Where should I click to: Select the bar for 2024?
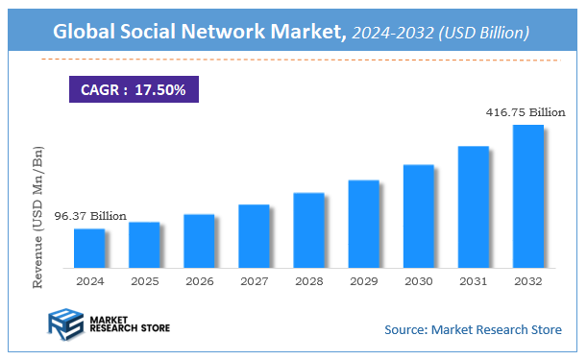[89, 248]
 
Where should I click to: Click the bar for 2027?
[254, 235]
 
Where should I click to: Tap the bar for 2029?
[363, 223]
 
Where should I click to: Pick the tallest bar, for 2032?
[527, 196]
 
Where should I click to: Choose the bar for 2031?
[473, 206]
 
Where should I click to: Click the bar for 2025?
[144, 244]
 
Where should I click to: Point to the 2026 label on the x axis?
[199, 282]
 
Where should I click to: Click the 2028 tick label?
[308, 282]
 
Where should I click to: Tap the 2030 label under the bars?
[418, 282]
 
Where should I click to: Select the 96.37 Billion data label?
[89, 216]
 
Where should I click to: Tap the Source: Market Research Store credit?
[473, 330]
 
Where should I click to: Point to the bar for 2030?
[418, 215]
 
